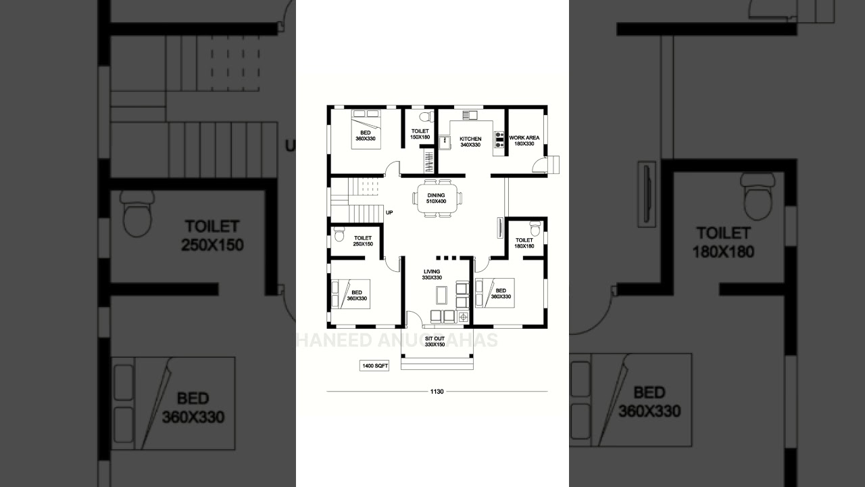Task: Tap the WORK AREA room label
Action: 524,140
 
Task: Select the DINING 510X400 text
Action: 437,198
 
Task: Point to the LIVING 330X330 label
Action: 432,275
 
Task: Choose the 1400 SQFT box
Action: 374,366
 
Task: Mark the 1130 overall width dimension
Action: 437,392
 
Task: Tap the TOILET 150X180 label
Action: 420,134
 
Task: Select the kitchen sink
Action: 443,142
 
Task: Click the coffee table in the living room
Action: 441,294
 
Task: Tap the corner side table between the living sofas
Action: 463,316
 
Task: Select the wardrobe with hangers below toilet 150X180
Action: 428,161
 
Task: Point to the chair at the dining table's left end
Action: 414,198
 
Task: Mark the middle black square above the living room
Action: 446,257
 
